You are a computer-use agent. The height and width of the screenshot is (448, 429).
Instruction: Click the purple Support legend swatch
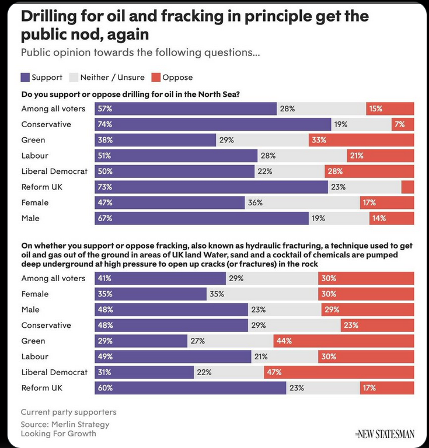click(25, 77)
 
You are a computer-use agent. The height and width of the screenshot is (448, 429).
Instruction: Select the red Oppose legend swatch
click(155, 77)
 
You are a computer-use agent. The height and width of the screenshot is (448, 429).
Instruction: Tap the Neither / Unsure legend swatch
click(74, 77)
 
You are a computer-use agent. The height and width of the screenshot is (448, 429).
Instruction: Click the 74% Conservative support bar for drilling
click(213, 124)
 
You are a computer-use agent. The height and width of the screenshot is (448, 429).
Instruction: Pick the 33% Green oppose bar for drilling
click(361, 140)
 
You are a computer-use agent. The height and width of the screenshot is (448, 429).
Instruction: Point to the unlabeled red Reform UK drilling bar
click(407, 187)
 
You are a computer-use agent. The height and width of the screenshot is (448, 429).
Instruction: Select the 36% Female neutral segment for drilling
click(302, 202)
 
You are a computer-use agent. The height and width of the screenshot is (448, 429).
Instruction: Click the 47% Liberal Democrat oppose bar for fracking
click(339, 372)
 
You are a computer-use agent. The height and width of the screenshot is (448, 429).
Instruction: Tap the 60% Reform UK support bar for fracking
click(190, 388)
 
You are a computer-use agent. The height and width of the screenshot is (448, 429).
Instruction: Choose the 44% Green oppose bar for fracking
click(343, 341)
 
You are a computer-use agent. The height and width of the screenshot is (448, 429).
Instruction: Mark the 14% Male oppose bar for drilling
click(391, 218)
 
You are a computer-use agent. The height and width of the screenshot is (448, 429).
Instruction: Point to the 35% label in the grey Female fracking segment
click(217, 294)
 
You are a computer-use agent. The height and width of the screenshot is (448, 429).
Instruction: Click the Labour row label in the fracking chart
click(35, 356)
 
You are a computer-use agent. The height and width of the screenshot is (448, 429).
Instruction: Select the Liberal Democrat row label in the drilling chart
click(54, 171)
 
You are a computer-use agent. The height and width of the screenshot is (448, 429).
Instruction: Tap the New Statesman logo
click(385, 433)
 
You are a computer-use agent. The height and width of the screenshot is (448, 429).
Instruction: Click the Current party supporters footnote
click(68, 412)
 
